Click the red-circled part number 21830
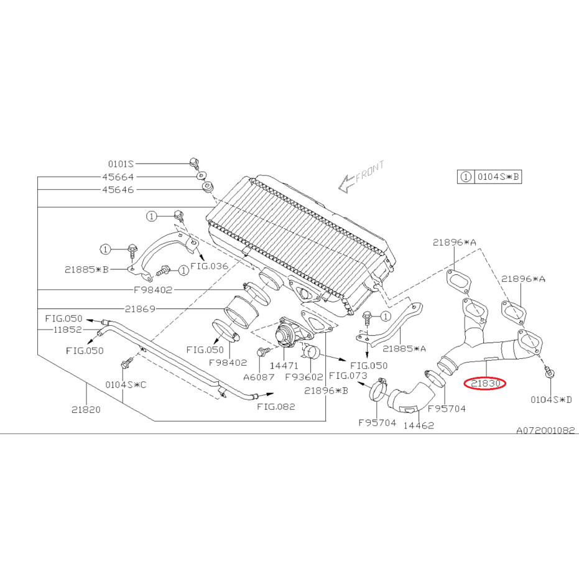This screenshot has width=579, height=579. (x=485, y=384)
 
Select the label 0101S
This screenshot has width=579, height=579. (x=121, y=164)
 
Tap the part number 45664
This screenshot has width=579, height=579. (x=118, y=177)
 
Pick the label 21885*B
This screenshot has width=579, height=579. (x=86, y=269)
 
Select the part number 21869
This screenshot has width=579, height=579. (x=140, y=308)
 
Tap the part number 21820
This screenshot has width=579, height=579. (x=86, y=410)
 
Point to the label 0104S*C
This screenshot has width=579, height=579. (x=125, y=385)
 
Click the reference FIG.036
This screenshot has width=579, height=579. (x=210, y=266)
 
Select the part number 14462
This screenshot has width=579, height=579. (x=419, y=425)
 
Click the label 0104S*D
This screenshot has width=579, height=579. (x=551, y=399)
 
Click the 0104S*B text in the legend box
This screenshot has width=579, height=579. (x=498, y=177)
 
